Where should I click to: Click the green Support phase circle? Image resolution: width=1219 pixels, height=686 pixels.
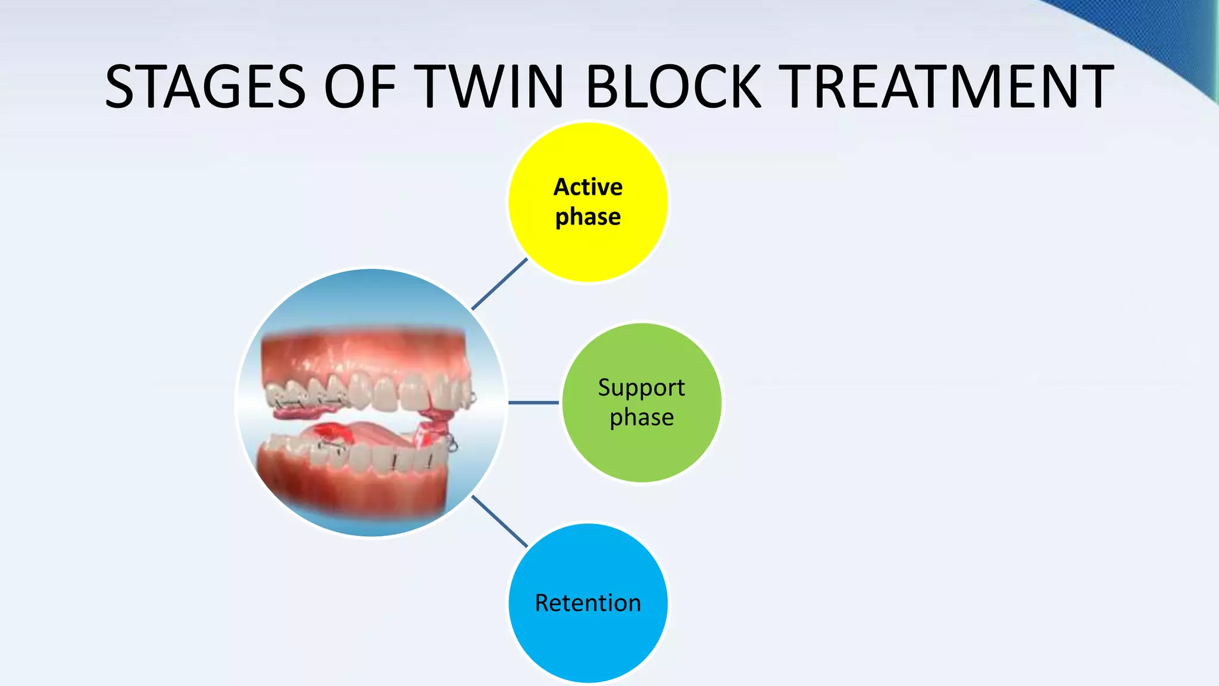[642, 453]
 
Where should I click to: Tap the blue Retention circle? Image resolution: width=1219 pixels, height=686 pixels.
[588, 643]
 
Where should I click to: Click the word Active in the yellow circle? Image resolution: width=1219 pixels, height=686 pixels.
[588, 187]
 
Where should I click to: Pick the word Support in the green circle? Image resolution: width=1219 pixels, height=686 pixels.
[642, 388]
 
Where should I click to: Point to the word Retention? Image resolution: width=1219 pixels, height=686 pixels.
[588, 603]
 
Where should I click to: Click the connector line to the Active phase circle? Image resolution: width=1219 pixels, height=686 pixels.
[500, 284]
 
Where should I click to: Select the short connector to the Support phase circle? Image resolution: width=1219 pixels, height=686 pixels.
[533, 403]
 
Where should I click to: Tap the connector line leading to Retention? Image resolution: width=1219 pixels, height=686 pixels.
[499, 521]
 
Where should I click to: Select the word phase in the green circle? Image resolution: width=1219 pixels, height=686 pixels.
[642, 417]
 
